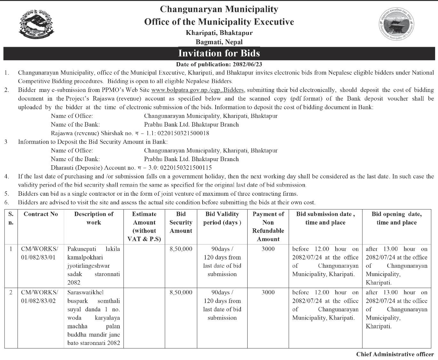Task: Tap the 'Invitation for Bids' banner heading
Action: (x=219, y=53)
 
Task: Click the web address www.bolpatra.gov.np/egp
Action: (x=197, y=90)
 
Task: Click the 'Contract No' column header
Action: (x=41, y=214)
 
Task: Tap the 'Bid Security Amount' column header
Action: (x=181, y=222)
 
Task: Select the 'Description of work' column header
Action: (x=94, y=218)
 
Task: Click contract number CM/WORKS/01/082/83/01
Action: (x=40, y=253)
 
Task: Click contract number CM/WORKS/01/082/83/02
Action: (x=40, y=297)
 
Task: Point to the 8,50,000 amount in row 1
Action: (x=181, y=249)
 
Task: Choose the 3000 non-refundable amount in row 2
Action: (x=268, y=292)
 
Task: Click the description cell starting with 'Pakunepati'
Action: (x=94, y=266)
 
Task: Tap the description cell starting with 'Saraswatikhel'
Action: (x=94, y=317)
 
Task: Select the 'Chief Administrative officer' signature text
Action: (x=395, y=354)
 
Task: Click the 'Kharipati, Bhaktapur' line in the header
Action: (x=219, y=33)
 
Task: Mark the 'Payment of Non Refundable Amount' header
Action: (x=268, y=226)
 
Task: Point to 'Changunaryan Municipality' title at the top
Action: (x=219, y=9)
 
